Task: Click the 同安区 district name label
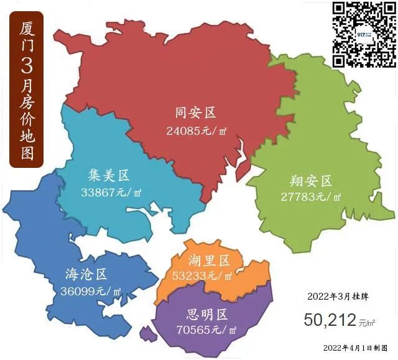click(195, 113)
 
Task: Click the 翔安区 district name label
click(312, 181)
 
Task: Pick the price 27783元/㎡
click(310, 197)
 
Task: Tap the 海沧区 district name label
click(87, 274)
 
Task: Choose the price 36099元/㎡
click(91, 291)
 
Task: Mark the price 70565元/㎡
click(206, 330)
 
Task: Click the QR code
click(363, 34)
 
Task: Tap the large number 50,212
click(330, 320)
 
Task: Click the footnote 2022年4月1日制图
click(356, 348)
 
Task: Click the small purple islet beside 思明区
click(146, 335)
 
